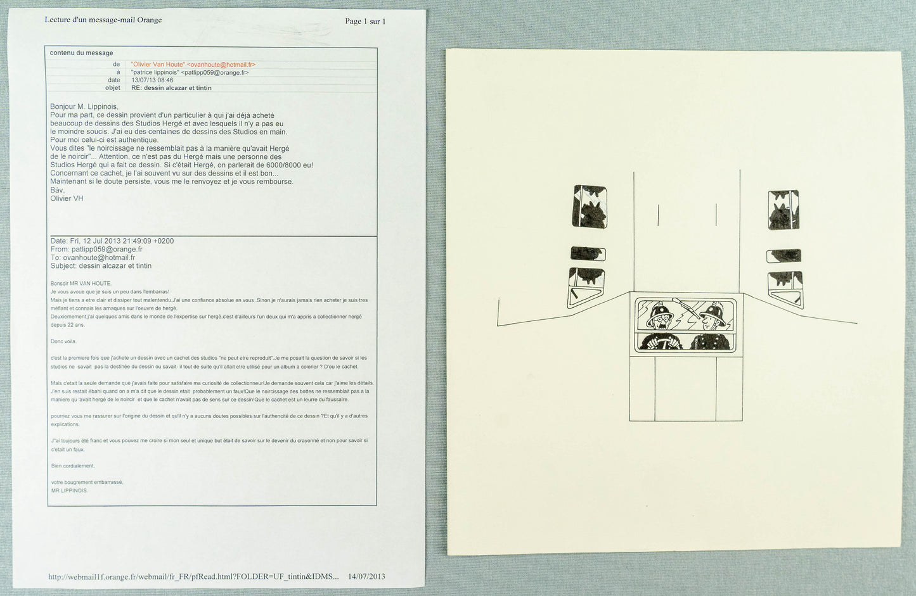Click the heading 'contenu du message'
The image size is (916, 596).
pos(81,53)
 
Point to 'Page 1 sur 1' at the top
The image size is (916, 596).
pos(364,22)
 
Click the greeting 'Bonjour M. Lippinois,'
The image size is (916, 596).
pos(84,106)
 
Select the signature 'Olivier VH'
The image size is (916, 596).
pos(67,198)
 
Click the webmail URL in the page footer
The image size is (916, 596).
pos(193,576)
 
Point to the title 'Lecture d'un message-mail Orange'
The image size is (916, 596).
pos(103,20)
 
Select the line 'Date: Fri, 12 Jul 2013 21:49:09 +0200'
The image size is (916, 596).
pos(112,241)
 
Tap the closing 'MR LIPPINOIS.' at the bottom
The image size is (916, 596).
pos(70,490)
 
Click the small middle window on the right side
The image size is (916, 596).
pos(784,256)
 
